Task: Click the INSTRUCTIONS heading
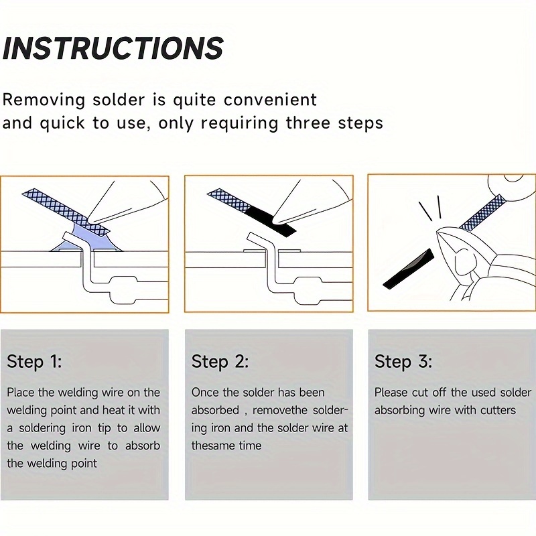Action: pos(113,48)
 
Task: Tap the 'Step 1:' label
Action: pos(34,362)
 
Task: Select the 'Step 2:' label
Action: pos(220,362)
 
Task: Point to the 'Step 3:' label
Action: pos(403,362)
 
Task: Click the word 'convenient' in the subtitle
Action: pos(270,100)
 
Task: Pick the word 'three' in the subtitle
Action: pos(309,123)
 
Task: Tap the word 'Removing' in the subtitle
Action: pos(44,100)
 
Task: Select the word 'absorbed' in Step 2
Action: pos(215,410)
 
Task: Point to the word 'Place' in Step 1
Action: pos(21,392)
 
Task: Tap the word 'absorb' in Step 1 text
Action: pos(143,446)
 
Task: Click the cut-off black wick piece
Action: pos(408,269)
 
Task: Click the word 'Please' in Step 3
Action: pos(390,392)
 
